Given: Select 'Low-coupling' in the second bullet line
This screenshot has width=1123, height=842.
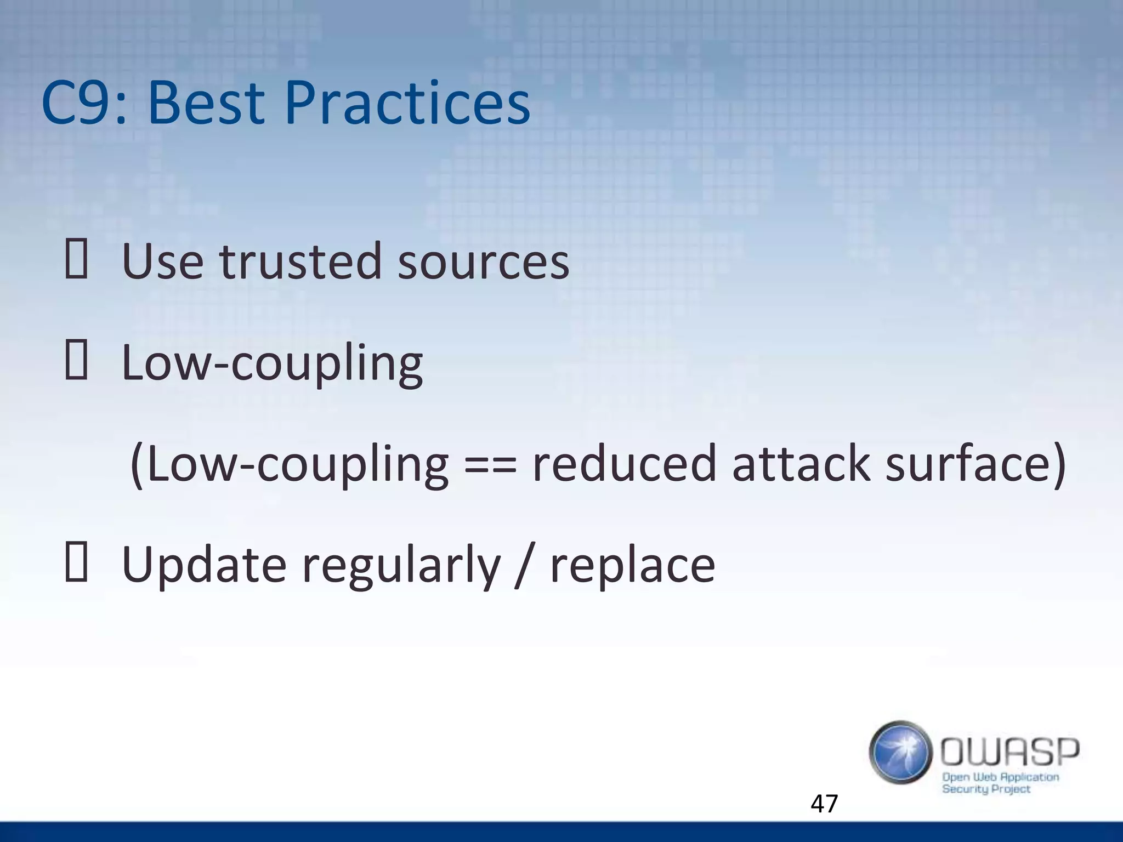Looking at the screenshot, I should (x=272, y=365).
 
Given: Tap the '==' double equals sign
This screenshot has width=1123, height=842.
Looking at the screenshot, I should (x=490, y=465).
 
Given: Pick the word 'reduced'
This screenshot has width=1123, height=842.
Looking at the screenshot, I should (x=624, y=464).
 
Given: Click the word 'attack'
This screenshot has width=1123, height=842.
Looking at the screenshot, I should (x=800, y=464).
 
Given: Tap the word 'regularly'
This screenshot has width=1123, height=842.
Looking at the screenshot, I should (x=401, y=567).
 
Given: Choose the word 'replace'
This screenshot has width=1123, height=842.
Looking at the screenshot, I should (x=632, y=567).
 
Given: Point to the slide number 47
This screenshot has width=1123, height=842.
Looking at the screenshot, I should (x=824, y=804).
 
